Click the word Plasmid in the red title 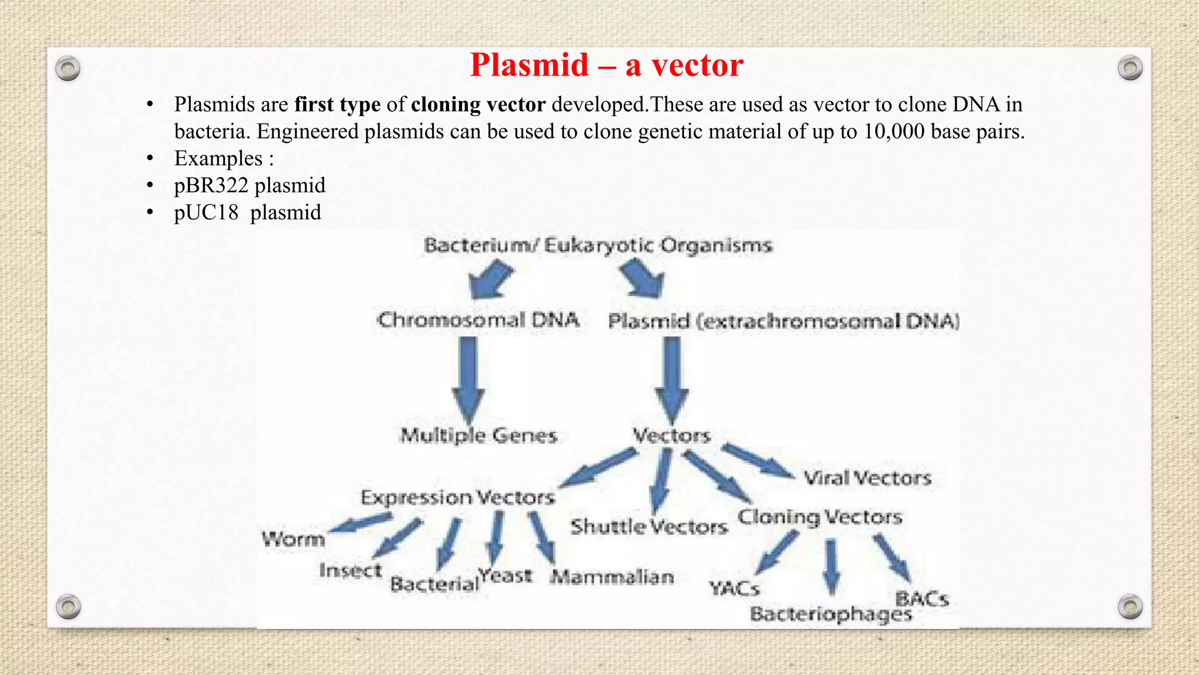point(529,65)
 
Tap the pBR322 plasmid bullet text point(249,186)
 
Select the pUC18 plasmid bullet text point(247,213)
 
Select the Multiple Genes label point(478,435)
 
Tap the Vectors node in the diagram point(672,435)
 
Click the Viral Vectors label point(867,478)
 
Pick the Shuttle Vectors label point(649,527)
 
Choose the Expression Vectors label point(457,497)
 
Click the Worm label point(293,539)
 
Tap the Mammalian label point(612,577)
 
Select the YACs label point(734,588)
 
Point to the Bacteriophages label point(831,614)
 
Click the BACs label point(921,599)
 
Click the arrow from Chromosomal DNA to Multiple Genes point(468,378)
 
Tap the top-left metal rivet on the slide point(68,69)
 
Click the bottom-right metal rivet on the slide point(1130,606)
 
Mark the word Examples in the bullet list point(218,159)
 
